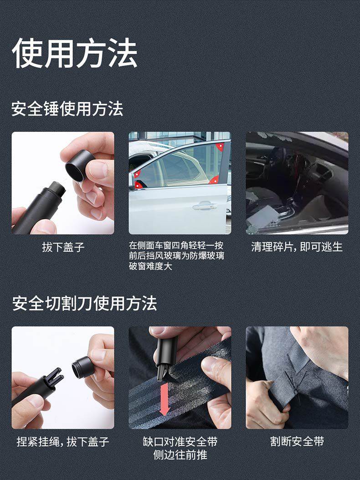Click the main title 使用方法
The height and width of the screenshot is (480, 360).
(x=74, y=53)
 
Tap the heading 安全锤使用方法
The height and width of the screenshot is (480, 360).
(x=67, y=108)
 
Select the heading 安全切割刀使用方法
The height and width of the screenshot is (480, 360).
(x=84, y=304)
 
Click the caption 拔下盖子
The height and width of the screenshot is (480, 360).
(x=63, y=247)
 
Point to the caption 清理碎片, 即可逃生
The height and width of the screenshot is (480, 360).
(x=297, y=247)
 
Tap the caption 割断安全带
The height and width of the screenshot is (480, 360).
(x=297, y=441)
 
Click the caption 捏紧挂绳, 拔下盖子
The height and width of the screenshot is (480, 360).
(x=63, y=441)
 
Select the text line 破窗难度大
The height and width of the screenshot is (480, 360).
(x=150, y=266)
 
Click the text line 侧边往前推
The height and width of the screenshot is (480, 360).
(x=180, y=454)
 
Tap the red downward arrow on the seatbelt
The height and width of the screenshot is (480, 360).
(x=165, y=399)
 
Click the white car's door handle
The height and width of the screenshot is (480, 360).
(x=205, y=206)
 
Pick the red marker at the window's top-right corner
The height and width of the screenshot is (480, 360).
(x=220, y=147)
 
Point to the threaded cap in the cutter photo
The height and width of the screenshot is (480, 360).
(x=82, y=366)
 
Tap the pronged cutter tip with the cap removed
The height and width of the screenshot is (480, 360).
(x=55, y=380)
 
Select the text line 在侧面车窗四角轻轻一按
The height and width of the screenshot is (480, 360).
(x=176, y=246)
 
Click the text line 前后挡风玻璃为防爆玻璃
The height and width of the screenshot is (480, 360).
(x=176, y=256)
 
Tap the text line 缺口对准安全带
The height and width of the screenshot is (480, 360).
(x=180, y=441)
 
